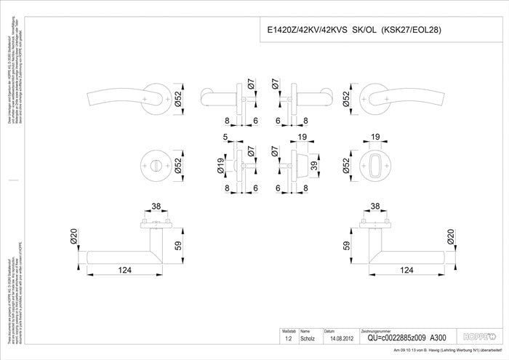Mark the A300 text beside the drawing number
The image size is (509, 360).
tap(438, 337)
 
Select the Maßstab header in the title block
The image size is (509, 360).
tap(288, 329)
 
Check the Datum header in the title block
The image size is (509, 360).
tap(329, 329)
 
